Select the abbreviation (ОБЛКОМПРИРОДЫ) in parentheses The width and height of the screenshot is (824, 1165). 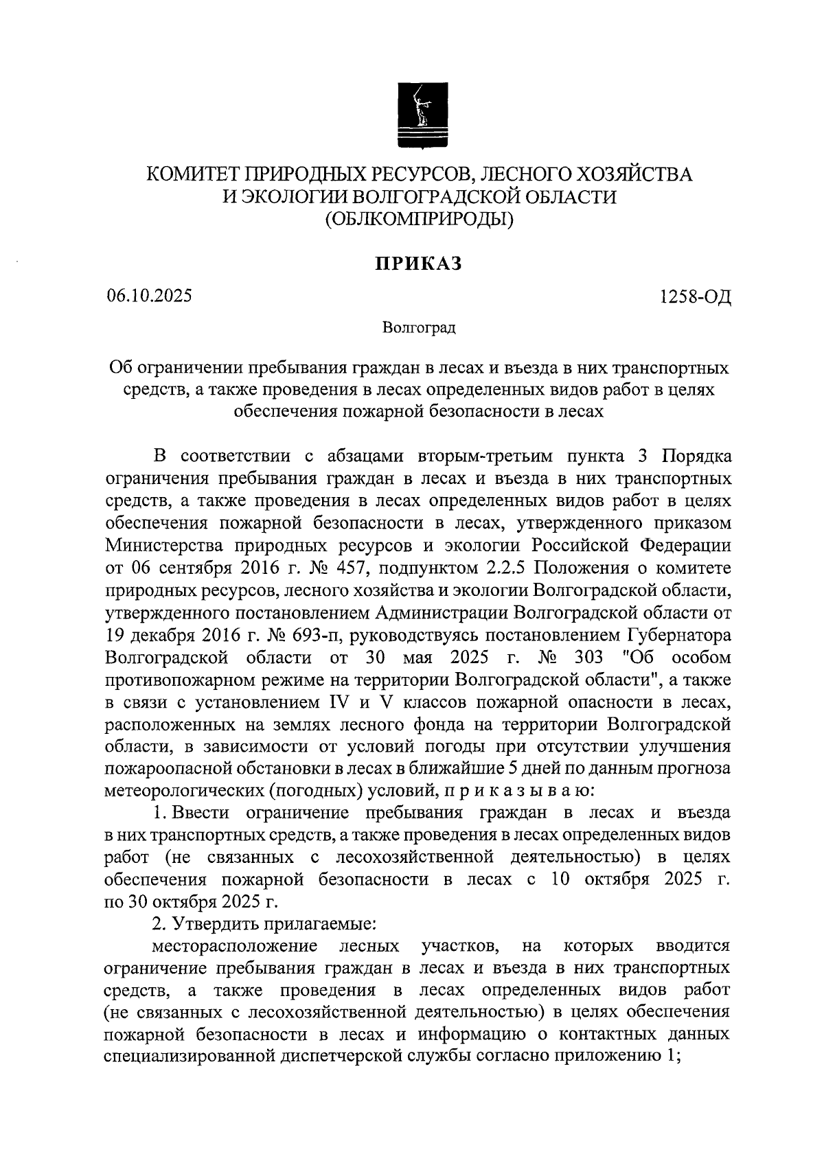click(x=419, y=219)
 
